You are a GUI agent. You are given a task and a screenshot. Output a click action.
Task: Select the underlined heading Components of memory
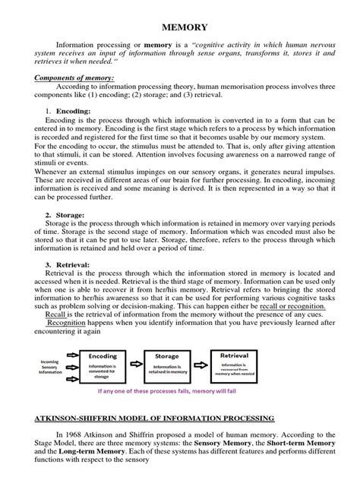[x=73, y=78]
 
